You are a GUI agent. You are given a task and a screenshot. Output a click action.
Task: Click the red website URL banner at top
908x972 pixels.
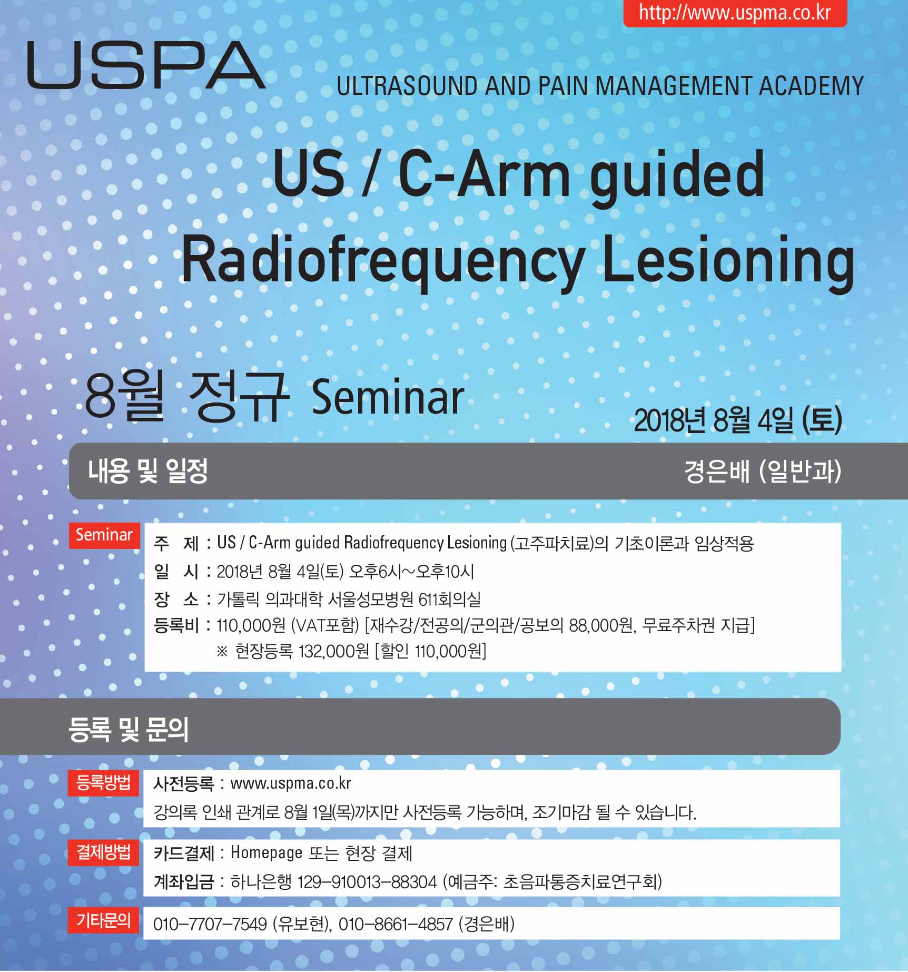(x=735, y=13)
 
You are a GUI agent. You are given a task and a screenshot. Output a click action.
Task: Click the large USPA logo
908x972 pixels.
(x=146, y=65)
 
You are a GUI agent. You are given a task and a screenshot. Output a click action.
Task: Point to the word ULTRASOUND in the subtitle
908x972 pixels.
(x=407, y=86)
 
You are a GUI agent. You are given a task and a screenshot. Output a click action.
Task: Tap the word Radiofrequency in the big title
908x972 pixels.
(x=383, y=259)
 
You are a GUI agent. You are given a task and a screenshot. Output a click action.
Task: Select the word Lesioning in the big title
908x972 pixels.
(x=728, y=259)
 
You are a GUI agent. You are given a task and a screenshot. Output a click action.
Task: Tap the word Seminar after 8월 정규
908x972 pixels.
(x=388, y=397)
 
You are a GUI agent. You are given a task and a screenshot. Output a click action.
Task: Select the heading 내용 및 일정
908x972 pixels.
(x=148, y=470)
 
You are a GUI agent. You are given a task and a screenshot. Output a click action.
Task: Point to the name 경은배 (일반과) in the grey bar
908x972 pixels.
(x=763, y=470)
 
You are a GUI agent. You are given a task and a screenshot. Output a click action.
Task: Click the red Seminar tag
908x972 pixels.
(x=104, y=535)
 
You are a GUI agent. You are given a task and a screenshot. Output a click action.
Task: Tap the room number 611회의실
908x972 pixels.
(x=449, y=599)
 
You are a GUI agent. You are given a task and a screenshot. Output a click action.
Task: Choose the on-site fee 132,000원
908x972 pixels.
(x=333, y=652)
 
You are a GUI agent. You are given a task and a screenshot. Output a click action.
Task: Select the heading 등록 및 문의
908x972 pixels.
(x=129, y=730)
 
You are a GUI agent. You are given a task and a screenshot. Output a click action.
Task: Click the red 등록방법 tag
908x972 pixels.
(x=103, y=783)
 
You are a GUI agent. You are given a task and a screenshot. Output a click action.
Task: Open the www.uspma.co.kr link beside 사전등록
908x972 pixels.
(x=291, y=783)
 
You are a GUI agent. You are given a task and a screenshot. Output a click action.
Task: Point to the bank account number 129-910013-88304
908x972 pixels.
(x=367, y=881)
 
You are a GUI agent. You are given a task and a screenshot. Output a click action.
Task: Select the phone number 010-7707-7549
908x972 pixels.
(x=210, y=924)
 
